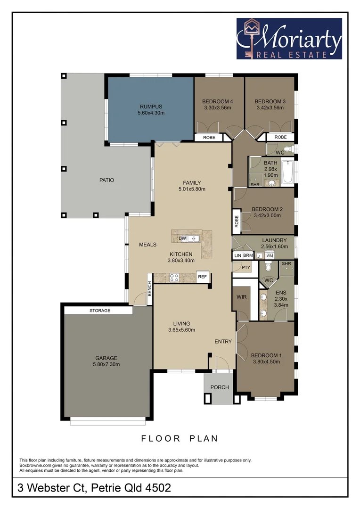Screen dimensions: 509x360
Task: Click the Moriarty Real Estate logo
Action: (x=289, y=39)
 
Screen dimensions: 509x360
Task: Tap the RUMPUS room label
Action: (x=151, y=107)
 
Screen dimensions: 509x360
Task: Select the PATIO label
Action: (x=106, y=180)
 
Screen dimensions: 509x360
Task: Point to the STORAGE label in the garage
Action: (x=100, y=311)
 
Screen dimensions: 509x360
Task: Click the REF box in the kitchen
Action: (x=203, y=277)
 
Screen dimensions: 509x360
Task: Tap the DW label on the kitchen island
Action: (x=182, y=239)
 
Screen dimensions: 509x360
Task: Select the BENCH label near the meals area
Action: (x=150, y=288)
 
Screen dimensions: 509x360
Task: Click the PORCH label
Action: (x=220, y=387)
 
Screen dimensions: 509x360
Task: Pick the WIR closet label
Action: (x=242, y=298)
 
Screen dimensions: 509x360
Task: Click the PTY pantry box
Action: (x=245, y=267)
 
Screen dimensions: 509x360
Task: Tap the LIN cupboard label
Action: (x=237, y=255)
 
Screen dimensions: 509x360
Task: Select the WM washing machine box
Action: (x=270, y=255)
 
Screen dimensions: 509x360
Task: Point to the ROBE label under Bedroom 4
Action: (x=209, y=137)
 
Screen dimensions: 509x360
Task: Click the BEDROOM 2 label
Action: (x=267, y=209)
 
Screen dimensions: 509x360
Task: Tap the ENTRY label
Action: (x=223, y=341)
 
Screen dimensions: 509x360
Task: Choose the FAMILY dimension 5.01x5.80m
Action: (x=192, y=189)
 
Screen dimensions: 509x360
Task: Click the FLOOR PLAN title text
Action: (x=180, y=438)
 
